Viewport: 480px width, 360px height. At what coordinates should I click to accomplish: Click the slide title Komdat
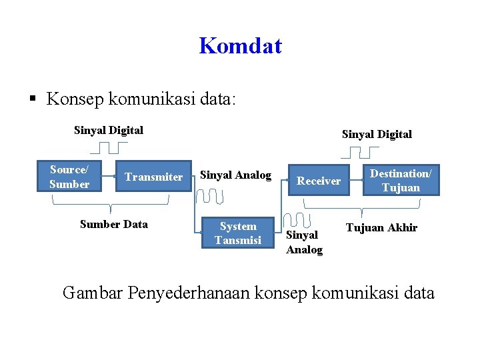[x=240, y=46]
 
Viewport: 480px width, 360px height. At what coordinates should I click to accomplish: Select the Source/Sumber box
[x=69, y=177]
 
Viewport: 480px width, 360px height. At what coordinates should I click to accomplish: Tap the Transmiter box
[x=153, y=177]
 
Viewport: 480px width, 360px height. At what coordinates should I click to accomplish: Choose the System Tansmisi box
[x=238, y=233]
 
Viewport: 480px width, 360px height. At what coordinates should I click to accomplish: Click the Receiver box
[x=319, y=180]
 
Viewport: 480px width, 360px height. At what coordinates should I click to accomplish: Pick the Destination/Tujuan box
[x=401, y=180]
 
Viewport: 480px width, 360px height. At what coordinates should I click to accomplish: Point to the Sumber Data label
[x=114, y=224]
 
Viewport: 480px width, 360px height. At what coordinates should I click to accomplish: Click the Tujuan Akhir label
[x=381, y=228]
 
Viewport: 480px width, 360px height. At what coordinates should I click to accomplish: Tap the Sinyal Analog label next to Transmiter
[x=236, y=175]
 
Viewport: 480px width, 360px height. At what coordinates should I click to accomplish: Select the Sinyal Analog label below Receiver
[x=304, y=242]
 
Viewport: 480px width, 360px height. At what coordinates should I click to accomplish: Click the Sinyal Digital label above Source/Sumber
[x=109, y=130]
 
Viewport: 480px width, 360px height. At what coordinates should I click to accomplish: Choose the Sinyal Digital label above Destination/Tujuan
[x=377, y=134]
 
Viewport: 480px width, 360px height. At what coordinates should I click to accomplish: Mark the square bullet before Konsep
[x=33, y=100]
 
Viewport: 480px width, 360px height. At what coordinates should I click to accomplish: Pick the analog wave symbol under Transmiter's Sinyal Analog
[x=217, y=196]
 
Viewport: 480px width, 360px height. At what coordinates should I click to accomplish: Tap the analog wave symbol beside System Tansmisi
[x=295, y=220]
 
